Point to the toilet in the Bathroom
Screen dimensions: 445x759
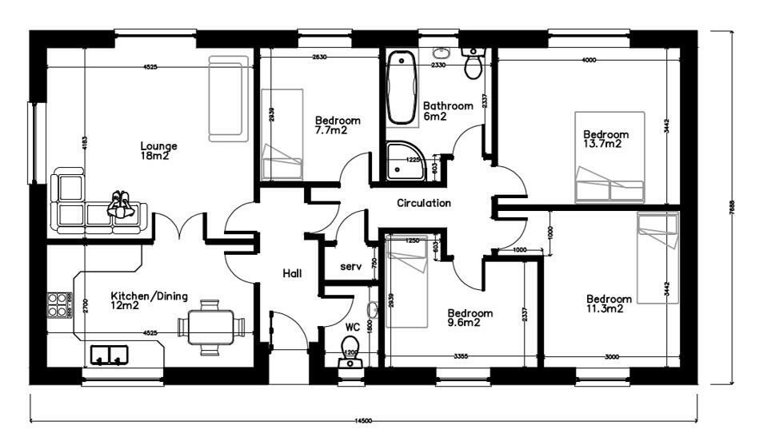(473, 64)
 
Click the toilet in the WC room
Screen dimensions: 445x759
(350, 352)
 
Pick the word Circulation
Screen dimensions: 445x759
(424, 203)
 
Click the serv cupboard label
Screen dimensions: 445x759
(350, 266)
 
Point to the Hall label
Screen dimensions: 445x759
(292, 274)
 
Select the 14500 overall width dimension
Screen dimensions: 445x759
(364, 421)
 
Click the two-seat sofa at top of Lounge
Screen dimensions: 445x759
(226, 98)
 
